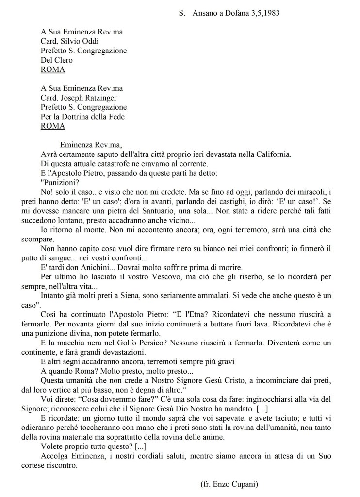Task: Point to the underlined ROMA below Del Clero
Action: (53, 69)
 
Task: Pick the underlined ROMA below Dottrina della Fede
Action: (53, 126)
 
